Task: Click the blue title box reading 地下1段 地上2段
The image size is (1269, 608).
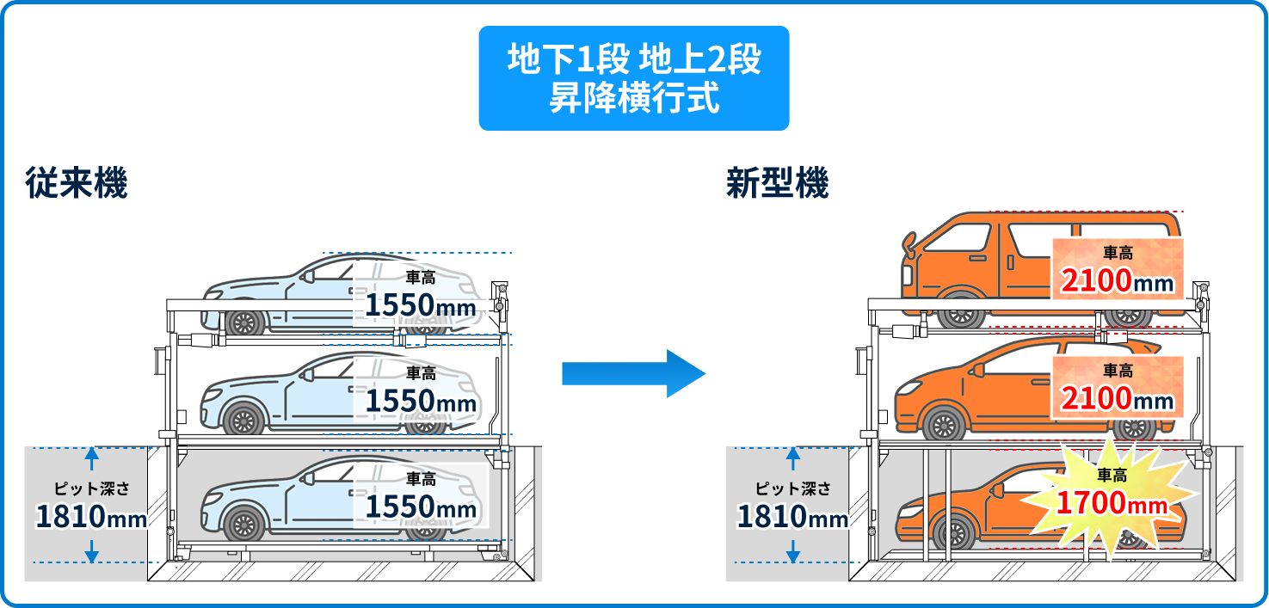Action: click(633, 78)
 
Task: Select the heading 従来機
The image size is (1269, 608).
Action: click(77, 184)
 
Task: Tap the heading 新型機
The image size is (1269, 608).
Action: click(777, 184)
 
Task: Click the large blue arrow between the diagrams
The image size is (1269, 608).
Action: click(633, 373)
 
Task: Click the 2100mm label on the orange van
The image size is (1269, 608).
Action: click(1118, 268)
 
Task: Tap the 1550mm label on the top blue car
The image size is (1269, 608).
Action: click(421, 296)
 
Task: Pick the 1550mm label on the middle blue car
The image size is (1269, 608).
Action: click(421, 392)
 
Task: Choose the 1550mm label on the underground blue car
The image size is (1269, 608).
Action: click(421, 497)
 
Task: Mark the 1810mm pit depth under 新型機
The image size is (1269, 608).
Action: click(792, 516)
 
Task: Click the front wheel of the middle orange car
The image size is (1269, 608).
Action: click(944, 425)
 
